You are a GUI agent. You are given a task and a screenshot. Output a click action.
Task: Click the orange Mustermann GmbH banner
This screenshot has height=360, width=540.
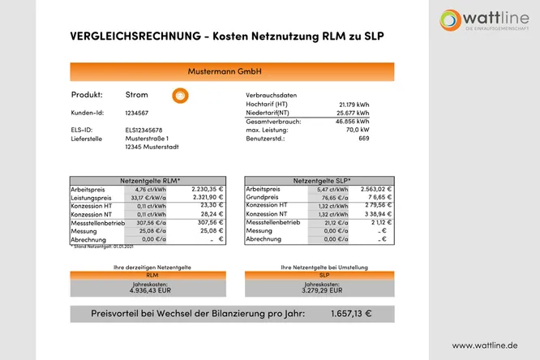225,71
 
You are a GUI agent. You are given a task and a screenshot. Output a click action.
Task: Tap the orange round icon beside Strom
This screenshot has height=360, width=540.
180,96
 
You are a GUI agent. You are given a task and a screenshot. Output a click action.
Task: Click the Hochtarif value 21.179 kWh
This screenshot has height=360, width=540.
354,105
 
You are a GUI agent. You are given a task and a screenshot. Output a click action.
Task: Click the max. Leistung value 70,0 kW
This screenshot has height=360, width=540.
357,130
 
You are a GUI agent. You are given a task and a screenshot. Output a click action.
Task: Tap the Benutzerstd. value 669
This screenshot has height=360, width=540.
363,139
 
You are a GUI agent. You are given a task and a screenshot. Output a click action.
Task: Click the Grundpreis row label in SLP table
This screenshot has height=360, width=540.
262,197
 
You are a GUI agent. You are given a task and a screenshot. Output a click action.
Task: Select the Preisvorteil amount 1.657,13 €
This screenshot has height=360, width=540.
351,314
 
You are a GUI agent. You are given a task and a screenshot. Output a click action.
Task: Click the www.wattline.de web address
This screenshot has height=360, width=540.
484,345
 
